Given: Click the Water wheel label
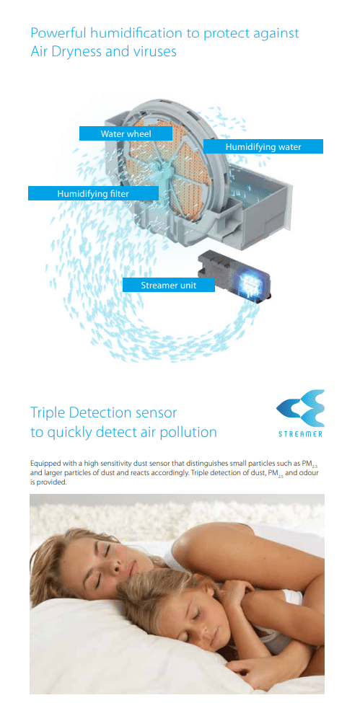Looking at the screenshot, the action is tap(126, 133).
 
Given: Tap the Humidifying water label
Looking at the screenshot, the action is tap(263, 146).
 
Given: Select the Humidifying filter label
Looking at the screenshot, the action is tap(93, 194).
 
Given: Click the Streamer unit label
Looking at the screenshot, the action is tap(168, 285).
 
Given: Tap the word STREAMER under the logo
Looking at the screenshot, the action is tap(300, 434).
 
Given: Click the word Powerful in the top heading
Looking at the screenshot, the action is tap(57, 32).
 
